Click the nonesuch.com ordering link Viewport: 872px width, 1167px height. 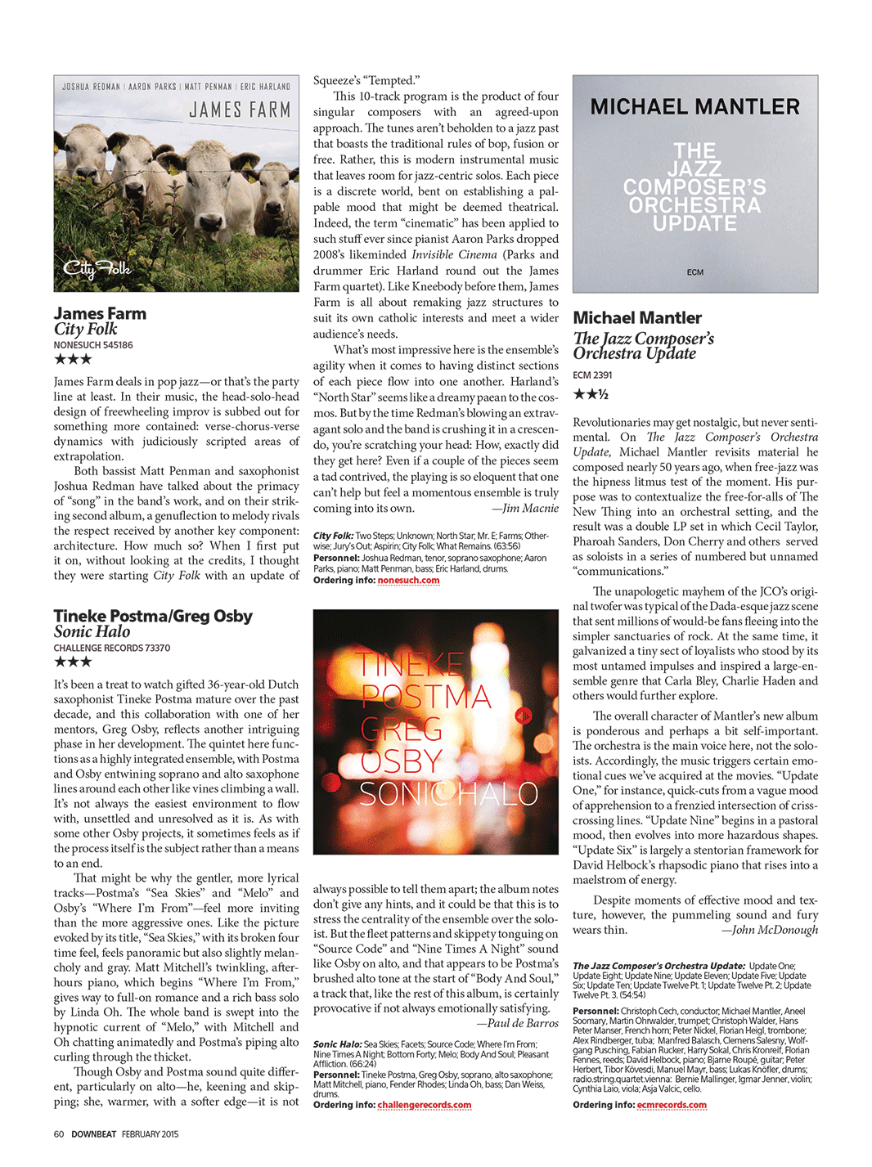[408, 580]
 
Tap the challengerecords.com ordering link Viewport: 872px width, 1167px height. [424, 1105]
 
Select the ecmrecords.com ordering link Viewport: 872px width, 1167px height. [672, 1105]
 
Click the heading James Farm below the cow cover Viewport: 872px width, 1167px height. [100, 313]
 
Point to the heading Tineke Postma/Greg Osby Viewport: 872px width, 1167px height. [153, 616]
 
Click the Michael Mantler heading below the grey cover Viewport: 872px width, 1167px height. [637, 317]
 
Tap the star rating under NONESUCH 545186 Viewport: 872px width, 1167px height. [73, 359]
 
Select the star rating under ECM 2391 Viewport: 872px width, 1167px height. [591, 394]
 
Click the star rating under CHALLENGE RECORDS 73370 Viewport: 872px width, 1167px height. [73, 662]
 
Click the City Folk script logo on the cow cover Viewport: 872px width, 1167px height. [97, 267]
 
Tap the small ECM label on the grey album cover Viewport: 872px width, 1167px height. [695, 272]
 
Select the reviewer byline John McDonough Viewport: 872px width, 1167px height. [769, 930]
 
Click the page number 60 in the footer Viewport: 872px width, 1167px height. [59, 1134]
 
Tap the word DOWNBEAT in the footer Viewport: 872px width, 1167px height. [94, 1134]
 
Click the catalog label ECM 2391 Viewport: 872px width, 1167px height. [592, 375]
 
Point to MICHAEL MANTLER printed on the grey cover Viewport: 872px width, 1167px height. [694, 107]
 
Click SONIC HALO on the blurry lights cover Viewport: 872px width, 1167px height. [448, 794]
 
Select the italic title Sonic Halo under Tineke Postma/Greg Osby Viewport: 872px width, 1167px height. [92, 631]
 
